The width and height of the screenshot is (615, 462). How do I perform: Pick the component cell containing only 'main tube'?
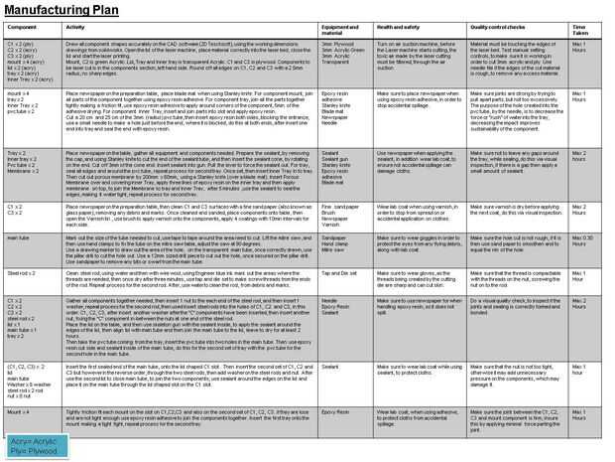(19, 236)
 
